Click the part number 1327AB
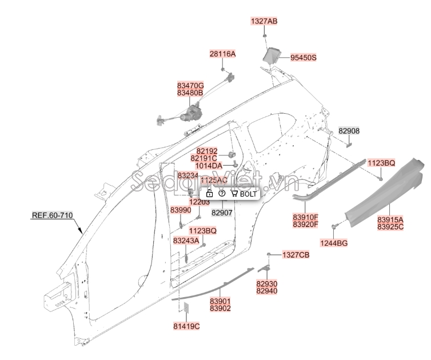click(x=264, y=21)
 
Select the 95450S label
click(x=303, y=58)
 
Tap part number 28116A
click(x=222, y=54)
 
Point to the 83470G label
click(x=190, y=85)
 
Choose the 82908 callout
click(x=349, y=131)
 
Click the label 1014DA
click(x=209, y=166)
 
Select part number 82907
click(x=222, y=212)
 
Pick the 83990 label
click(x=181, y=210)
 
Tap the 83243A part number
click(x=186, y=241)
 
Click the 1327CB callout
click(x=296, y=254)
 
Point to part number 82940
click(x=266, y=291)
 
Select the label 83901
click(x=220, y=301)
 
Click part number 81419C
click(x=186, y=326)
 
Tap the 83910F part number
click(x=306, y=217)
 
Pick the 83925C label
click(x=390, y=227)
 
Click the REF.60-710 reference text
click(x=52, y=215)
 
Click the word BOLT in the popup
click(x=249, y=194)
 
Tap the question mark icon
click(x=222, y=194)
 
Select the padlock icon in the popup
click(x=209, y=194)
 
